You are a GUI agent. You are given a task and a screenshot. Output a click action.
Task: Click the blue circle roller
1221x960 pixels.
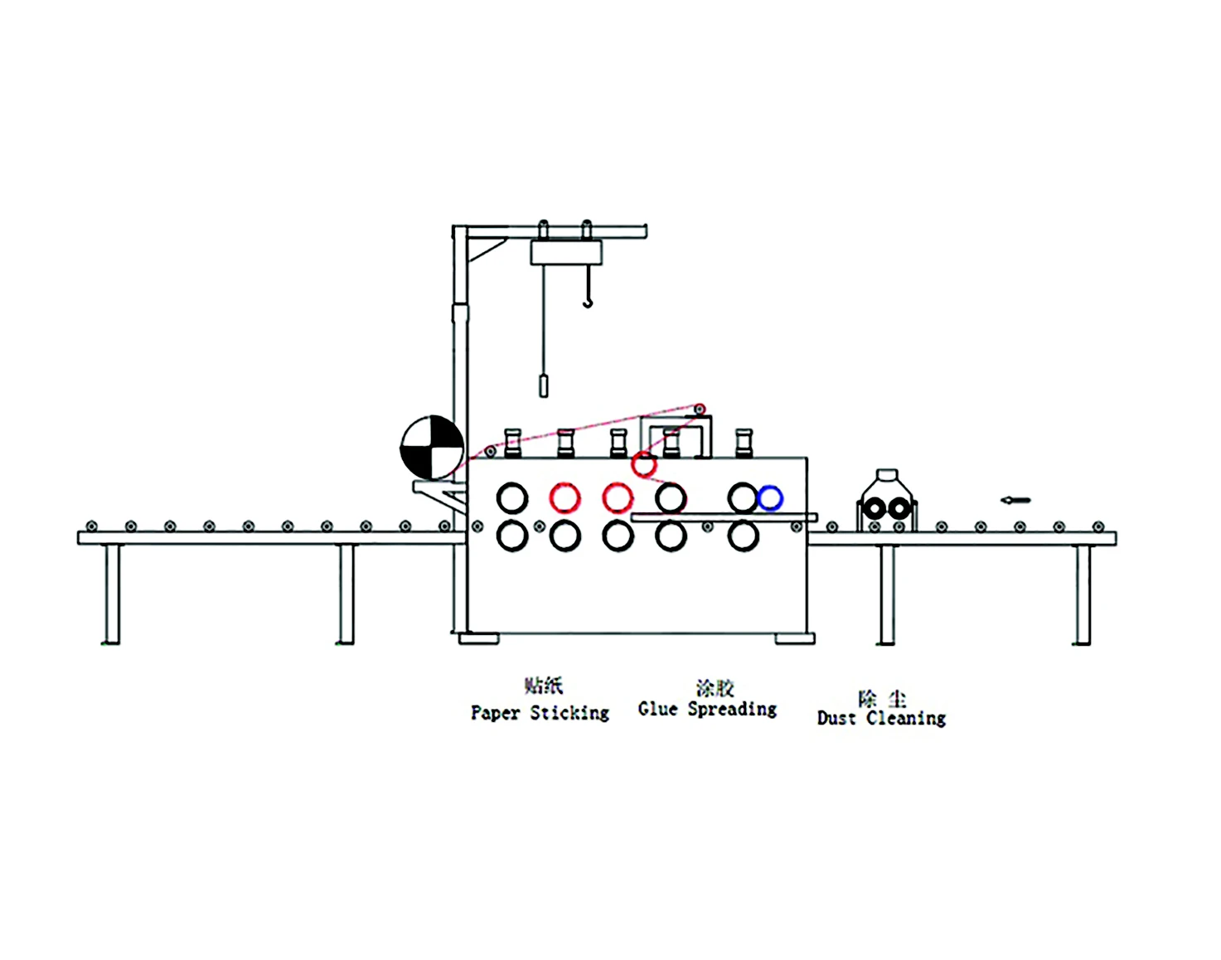pyautogui.click(x=770, y=498)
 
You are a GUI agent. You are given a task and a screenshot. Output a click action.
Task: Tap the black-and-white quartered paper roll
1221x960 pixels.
pyautogui.click(x=432, y=448)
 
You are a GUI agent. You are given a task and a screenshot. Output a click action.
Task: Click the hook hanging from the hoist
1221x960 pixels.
pyautogui.click(x=588, y=298)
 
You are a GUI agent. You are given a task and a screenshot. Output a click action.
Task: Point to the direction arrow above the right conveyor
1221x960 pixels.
pyautogui.click(x=1015, y=500)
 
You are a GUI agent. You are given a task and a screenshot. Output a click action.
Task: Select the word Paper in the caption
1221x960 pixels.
pyautogui.click(x=495, y=713)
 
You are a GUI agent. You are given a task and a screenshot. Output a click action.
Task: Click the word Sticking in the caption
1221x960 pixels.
pyautogui.click(x=569, y=713)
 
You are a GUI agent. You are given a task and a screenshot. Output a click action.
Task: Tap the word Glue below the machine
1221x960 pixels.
pyautogui.click(x=658, y=709)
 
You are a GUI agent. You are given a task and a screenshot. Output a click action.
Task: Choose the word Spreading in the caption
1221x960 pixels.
pyautogui.click(x=732, y=710)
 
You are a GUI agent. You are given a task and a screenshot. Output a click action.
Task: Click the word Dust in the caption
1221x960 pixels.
pyautogui.click(x=836, y=718)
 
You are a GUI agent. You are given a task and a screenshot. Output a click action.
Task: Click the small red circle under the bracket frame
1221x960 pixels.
pyautogui.click(x=643, y=464)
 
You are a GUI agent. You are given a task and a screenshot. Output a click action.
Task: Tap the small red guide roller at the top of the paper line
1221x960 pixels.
pyautogui.click(x=700, y=409)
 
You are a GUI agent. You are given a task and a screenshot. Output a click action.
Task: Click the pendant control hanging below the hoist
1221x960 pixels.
pyautogui.click(x=544, y=385)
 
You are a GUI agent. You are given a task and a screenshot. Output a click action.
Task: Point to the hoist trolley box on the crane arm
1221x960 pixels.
pyautogui.click(x=565, y=252)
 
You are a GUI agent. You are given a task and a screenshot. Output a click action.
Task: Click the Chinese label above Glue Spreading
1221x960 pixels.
pyautogui.click(x=715, y=688)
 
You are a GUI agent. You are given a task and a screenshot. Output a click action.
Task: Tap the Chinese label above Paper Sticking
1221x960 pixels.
pyautogui.click(x=544, y=686)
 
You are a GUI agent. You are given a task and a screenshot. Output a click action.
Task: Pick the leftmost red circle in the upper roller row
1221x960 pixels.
pyautogui.click(x=565, y=498)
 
